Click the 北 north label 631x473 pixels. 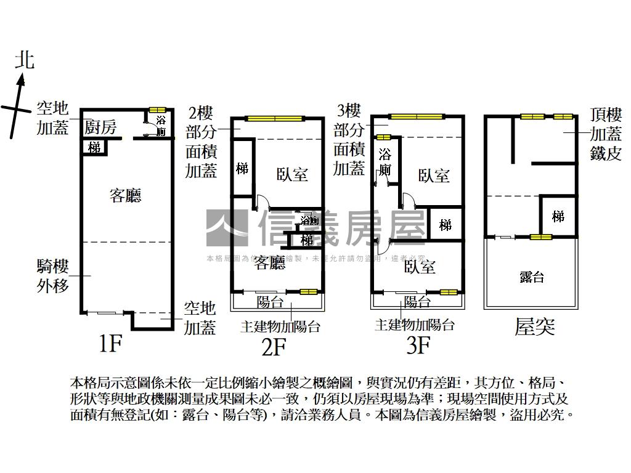tap(24, 60)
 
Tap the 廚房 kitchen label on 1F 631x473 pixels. tap(100, 127)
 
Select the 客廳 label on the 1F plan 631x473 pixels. tap(125, 196)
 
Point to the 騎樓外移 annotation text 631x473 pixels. tap(52, 276)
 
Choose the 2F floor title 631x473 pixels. tap(274, 347)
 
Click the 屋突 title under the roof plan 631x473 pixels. tap(534, 326)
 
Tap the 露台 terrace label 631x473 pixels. tap(531, 277)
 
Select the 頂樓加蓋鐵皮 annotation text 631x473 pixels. tap(606, 134)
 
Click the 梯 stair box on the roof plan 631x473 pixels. tap(558, 216)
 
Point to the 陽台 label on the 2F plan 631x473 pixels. tap(270, 302)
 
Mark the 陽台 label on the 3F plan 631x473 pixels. tap(417, 302)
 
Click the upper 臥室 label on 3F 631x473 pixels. tap(434, 176)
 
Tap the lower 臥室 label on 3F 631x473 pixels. tap(420, 266)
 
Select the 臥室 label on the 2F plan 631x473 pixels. tap(291, 174)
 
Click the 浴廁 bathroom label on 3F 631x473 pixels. tap(385, 161)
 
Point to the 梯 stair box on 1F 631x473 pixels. tap(94, 148)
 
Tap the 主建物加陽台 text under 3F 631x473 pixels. tap(415, 325)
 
